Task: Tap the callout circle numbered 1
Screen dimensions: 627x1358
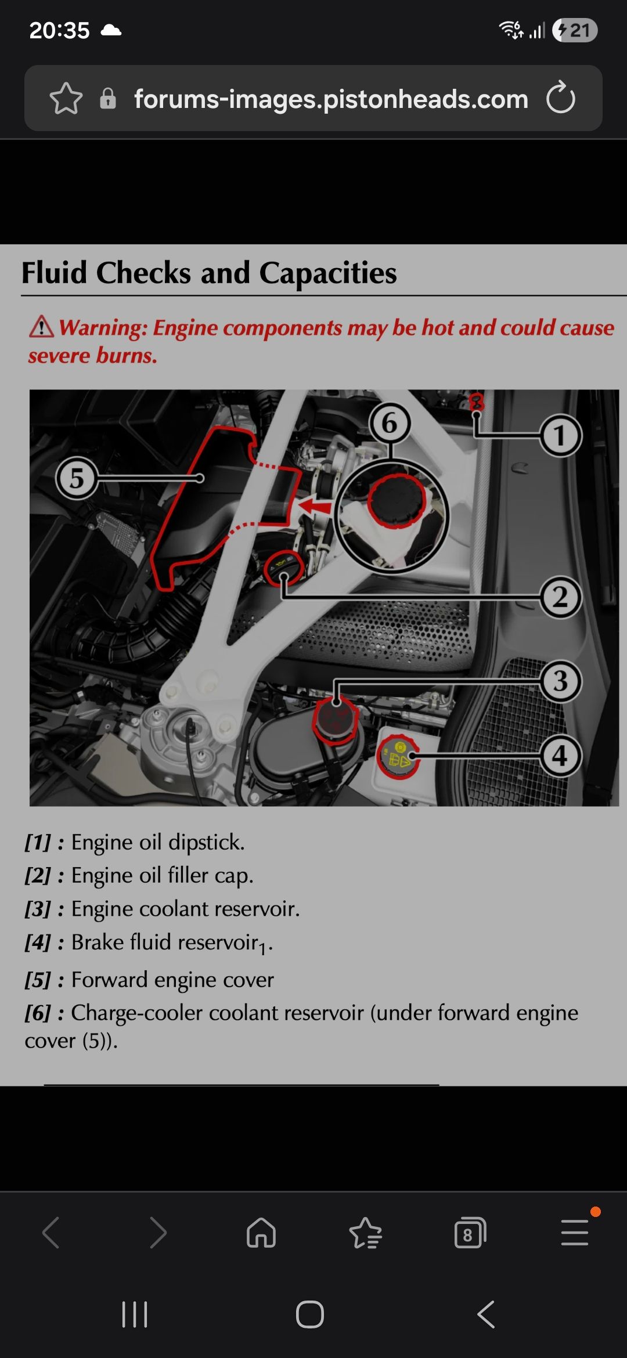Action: click(x=560, y=436)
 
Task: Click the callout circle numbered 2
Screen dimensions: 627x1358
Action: click(x=560, y=597)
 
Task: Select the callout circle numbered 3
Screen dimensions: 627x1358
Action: click(x=560, y=681)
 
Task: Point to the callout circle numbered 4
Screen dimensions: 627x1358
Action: click(x=560, y=756)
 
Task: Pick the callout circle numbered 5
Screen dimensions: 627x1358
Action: click(x=77, y=478)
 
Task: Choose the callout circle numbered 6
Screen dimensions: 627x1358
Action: click(x=390, y=423)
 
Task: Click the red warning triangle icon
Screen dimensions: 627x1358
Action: click(x=42, y=327)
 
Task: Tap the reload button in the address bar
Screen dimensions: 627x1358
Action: click(x=561, y=98)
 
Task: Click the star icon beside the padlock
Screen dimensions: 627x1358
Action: click(x=66, y=98)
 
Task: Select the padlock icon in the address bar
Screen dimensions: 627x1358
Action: click(x=108, y=99)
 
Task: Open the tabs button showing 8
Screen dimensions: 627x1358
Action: click(x=470, y=1232)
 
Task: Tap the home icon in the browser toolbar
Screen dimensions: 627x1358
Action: click(x=261, y=1232)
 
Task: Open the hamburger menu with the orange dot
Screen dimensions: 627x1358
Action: click(x=575, y=1231)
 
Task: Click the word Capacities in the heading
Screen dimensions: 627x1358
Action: click(x=328, y=273)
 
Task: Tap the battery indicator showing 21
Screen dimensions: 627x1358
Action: click(x=575, y=30)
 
